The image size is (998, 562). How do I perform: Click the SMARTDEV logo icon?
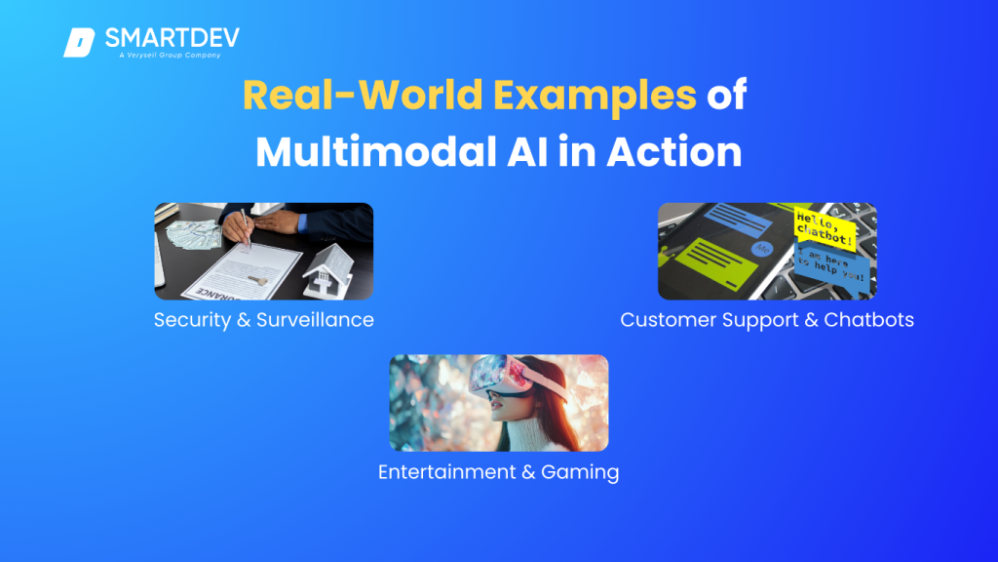point(78,43)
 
